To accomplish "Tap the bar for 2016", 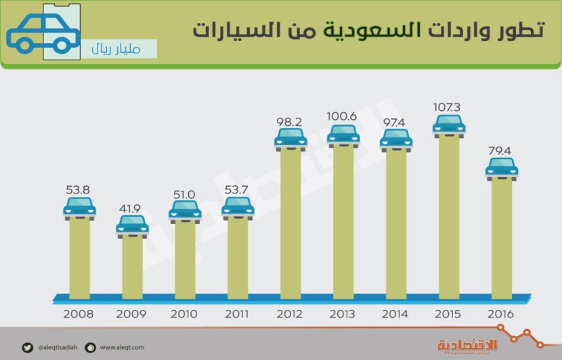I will tap(502, 237).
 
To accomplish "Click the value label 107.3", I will tap(449, 108).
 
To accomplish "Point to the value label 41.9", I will tap(132, 208).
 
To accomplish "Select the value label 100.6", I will tap(343, 117).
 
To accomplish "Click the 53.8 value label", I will tap(79, 190).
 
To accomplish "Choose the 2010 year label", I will tap(185, 315).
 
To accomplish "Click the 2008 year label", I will tap(79, 315).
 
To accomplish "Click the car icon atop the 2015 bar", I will tap(449, 126).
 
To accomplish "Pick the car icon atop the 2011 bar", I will tap(238, 208).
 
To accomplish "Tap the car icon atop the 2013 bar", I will tap(343, 135).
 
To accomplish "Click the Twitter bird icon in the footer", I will tap(26, 348).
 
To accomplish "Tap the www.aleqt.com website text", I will tap(123, 348).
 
